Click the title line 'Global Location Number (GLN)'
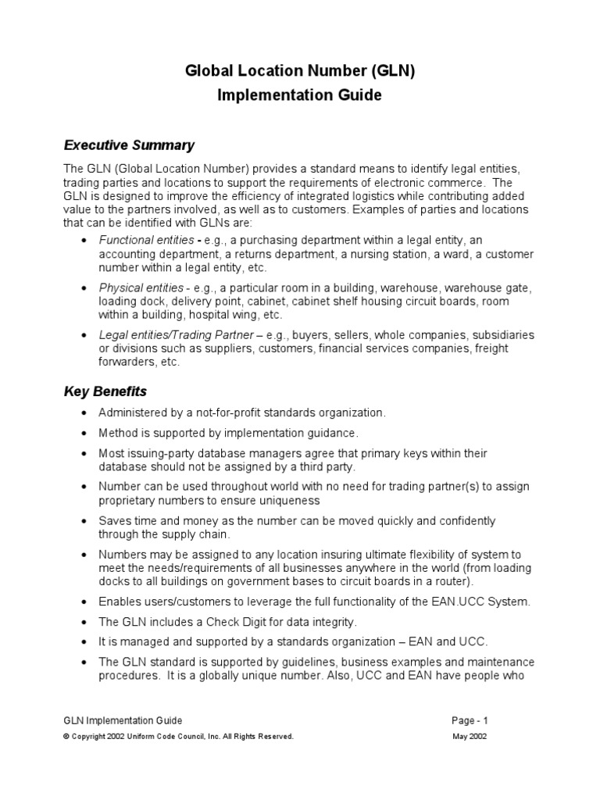point(300,71)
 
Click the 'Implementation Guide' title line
point(300,95)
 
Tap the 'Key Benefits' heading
point(105,391)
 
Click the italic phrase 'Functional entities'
point(145,241)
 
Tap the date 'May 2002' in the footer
point(471,737)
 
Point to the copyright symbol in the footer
point(67,737)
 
